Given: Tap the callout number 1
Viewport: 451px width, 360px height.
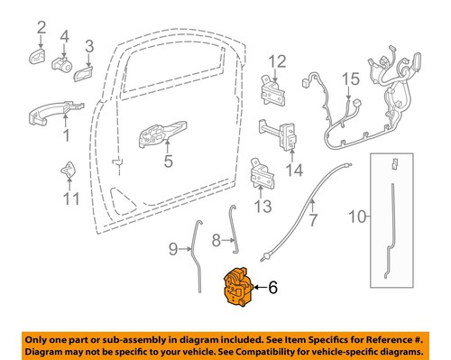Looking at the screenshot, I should pos(65,138).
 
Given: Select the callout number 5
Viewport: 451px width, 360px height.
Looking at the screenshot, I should pos(167,163).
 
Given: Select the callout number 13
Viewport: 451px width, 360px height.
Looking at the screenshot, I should pos(262,207).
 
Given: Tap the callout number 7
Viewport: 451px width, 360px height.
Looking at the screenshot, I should pos(313,219).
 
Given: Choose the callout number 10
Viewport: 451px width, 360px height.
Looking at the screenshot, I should pos(357,217).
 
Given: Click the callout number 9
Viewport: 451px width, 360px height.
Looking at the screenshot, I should pos(173,247).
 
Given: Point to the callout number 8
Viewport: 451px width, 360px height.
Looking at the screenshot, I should pos(216,241).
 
